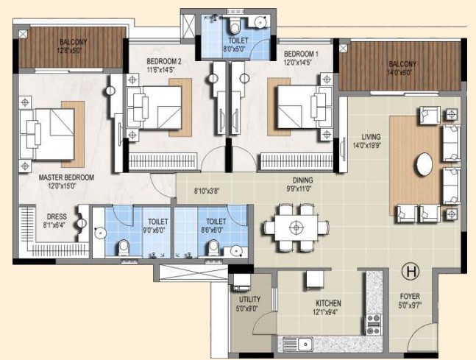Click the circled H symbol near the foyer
(411, 272)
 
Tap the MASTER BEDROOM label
(66, 177)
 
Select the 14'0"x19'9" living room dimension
(366, 145)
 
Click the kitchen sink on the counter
(305, 345)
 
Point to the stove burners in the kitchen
(374, 325)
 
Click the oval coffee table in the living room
(424, 164)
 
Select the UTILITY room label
(249, 299)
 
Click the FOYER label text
(410, 296)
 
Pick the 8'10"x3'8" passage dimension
(207, 191)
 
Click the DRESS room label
(57, 216)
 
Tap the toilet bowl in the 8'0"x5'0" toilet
(235, 26)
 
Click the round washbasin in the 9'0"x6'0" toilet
(99, 233)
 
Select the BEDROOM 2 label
(164, 62)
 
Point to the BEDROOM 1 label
(301, 54)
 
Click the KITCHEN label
(328, 303)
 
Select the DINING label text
(302, 180)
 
